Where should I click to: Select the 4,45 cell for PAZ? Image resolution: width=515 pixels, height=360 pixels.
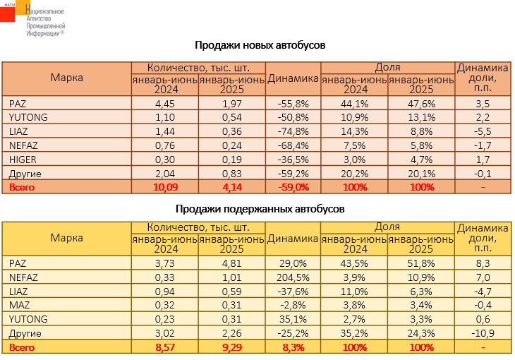point(164,103)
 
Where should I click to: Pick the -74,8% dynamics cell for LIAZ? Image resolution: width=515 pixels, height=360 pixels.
point(293,131)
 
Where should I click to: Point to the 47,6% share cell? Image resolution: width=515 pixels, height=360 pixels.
point(421,103)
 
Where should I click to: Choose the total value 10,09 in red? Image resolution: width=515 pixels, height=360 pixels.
point(164,187)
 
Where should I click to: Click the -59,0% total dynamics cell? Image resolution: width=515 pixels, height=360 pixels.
point(293,187)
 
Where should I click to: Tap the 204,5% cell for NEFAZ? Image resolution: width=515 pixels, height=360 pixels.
point(293,277)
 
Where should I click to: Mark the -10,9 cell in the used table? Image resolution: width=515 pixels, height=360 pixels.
point(483,333)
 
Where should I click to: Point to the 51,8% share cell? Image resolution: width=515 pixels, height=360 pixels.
point(421,263)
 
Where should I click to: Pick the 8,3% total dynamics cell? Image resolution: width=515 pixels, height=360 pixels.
point(293,347)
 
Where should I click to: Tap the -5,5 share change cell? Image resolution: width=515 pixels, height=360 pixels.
point(483,131)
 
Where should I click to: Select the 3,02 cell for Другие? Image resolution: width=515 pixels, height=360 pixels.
point(164,333)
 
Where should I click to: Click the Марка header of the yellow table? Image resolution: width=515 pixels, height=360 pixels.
point(66,238)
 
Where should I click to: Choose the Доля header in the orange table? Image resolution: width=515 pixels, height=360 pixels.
point(387,67)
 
